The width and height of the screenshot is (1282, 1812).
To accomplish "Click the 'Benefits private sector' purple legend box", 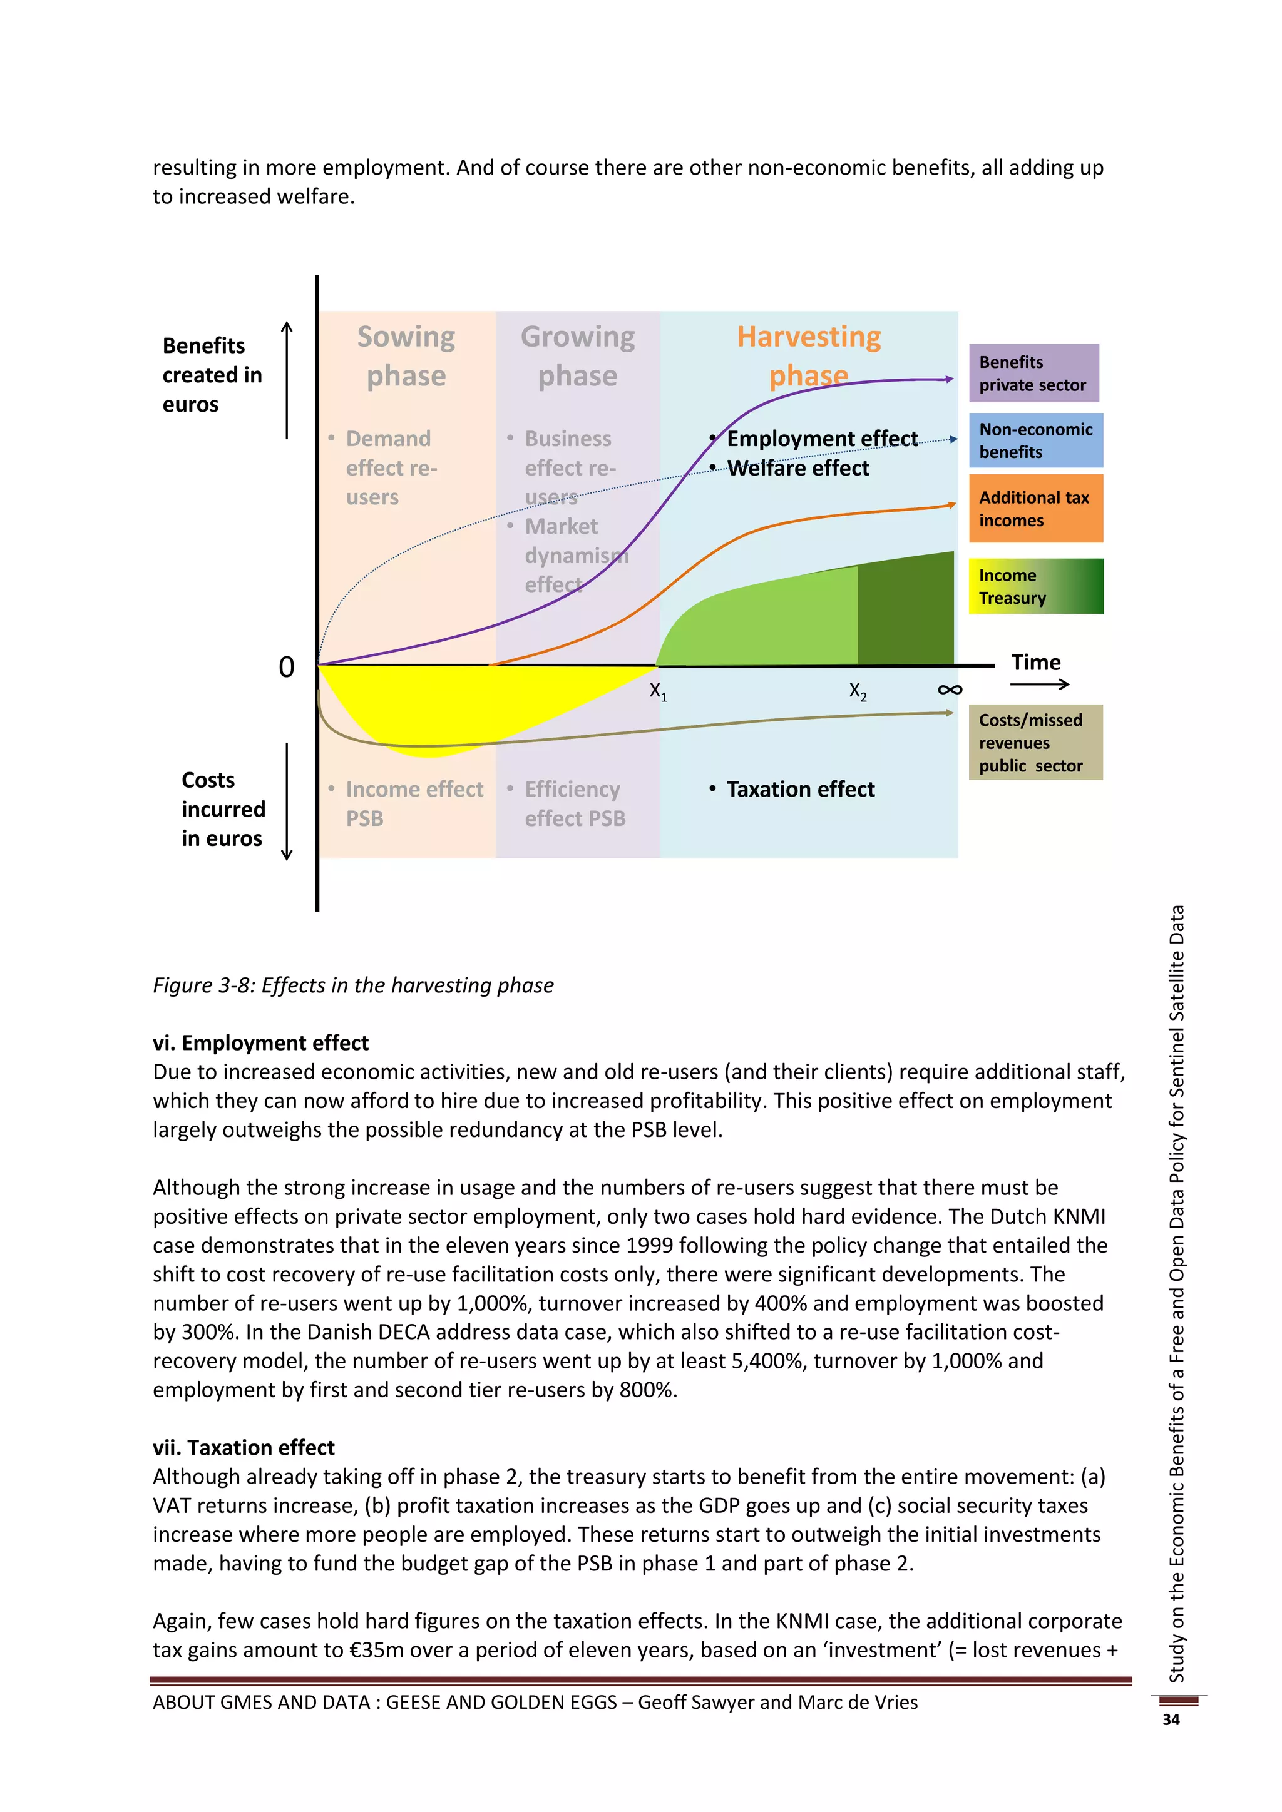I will pyautogui.click(x=1033, y=374).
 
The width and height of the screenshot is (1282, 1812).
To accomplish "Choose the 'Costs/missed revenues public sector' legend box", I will pyautogui.click(x=1035, y=743).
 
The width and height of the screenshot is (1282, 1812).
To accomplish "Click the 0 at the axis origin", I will pyautogui.click(x=287, y=668).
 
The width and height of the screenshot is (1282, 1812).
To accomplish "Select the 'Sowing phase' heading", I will pyautogui.click(x=406, y=356).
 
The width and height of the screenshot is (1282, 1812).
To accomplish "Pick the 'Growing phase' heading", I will pyautogui.click(x=578, y=356).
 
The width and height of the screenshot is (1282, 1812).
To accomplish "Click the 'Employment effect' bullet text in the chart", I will pyautogui.click(x=822, y=439).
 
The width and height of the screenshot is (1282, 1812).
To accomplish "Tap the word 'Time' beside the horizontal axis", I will pyautogui.click(x=1036, y=663).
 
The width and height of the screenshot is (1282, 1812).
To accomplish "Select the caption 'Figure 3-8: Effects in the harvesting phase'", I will pyautogui.click(x=353, y=985).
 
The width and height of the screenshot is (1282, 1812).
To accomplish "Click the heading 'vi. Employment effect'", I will pyautogui.click(x=260, y=1042).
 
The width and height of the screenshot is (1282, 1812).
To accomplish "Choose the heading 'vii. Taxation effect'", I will pyautogui.click(x=244, y=1447).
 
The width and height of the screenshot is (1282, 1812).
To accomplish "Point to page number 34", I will pyautogui.click(x=1171, y=1719).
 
